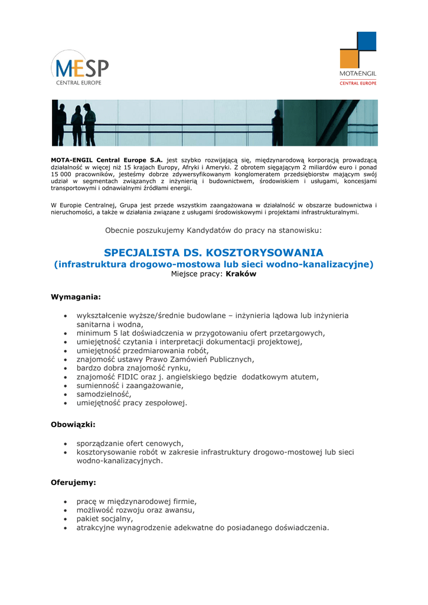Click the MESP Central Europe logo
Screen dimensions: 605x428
pyautogui.click(x=80, y=68)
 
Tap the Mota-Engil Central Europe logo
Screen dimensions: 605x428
pyautogui.click(x=358, y=58)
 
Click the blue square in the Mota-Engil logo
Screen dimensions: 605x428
pyautogui.click(x=367, y=41)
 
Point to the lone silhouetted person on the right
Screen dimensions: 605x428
pyautogui.click(x=276, y=127)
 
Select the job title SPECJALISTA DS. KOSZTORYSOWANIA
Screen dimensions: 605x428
pyautogui.click(x=214, y=252)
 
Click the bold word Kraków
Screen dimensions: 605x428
pyautogui.click(x=241, y=274)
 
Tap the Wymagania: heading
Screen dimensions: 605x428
pyautogui.click(x=76, y=296)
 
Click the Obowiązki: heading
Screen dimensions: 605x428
pyautogui.click(x=73, y=424)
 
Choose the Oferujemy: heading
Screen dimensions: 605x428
pyautogui.click(x=73, y=482)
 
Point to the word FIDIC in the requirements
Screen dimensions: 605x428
pyautogui.click(x=128, y=376)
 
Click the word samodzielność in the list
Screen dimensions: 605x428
pyautogui.click(x=103, y=393)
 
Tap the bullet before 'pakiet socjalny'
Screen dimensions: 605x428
pyautogui.click(x=65, y=519)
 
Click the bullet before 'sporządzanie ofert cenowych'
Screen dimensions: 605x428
pyautogui.click(x=65, y=443)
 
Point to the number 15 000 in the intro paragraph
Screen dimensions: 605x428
pyautogui.click(x=62, y=174)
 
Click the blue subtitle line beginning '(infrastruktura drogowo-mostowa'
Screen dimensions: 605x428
pyautogui.click(x=214, y=264)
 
